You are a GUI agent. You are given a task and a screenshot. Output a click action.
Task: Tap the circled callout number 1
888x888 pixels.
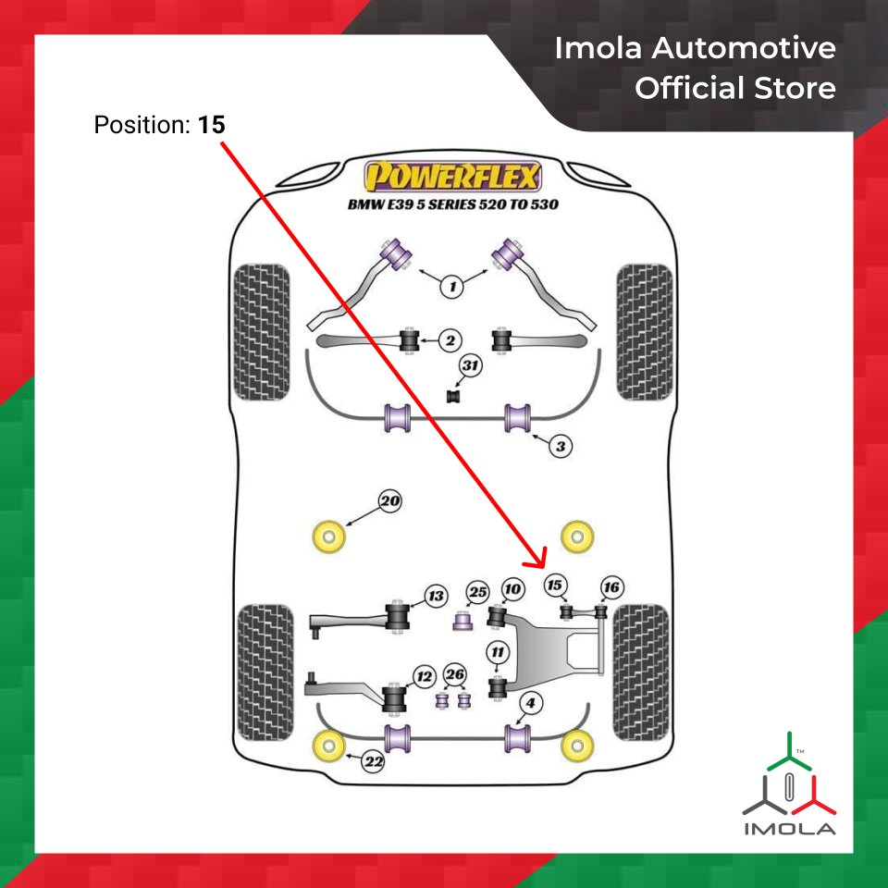pyautogui.click(x=452, y=288)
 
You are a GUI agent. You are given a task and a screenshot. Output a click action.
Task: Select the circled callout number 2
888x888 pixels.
pyautogui.click(x=449, y=341)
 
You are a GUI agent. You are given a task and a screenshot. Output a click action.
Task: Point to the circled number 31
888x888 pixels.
pyautogui.click(x=471, y=368)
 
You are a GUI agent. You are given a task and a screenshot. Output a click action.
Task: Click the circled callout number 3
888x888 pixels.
pyautogui.click(x=560, y=447)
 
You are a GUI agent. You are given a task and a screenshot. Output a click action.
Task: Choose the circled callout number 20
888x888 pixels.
pyautogui.click(x=389, y=502)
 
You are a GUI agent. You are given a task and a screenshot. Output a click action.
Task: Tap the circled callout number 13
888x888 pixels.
pyautogui.click(x=436, y=595)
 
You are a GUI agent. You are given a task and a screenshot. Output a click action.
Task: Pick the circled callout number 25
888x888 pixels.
pyautogui.click(x=477, y=592)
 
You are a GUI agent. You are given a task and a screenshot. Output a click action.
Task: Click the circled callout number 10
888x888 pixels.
pyautogui.click(x=512, y=589)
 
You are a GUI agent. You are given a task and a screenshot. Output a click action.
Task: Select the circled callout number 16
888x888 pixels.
pyautogui.click(x=610, y=587)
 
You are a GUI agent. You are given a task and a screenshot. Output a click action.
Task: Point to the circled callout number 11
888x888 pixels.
pyautogui.click(x=499, y=653)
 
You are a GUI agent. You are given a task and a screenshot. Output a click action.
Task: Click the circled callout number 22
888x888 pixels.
pyautogui.click(x=373, y=763)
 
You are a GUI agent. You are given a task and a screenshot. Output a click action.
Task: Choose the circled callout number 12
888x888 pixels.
pyautogui.click(x=424, y=677)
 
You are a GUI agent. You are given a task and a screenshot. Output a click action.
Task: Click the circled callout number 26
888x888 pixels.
pyautogui.click(x=454, y=674)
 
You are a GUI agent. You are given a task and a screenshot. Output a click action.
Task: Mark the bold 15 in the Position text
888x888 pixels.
pyautogui.click(x=211, y=124)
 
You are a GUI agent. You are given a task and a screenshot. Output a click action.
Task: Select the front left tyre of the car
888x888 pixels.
pyautogui.click(x=261, y=333)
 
